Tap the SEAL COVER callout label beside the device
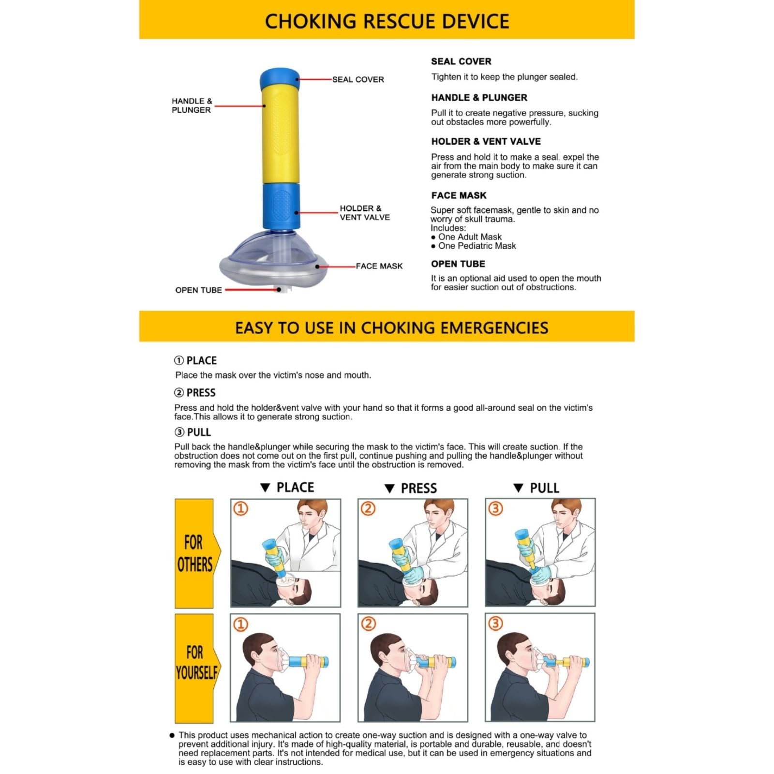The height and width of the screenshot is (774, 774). pos(358,79)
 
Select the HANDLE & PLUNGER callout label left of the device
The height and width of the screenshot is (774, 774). pos(192,105)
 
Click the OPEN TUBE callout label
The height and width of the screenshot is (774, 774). pos(198,290)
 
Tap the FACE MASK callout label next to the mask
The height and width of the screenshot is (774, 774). pos(379,266)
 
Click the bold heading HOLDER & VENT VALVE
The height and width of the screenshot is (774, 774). pos(486,142)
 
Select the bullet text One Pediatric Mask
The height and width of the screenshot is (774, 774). pos(477,246)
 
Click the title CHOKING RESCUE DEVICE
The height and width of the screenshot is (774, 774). pos(387,21)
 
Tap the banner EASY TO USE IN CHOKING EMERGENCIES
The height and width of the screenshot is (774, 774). pos(391,327)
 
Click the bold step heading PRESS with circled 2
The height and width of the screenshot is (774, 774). pos(195,392)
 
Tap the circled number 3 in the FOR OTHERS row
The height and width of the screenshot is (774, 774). pos(496,508)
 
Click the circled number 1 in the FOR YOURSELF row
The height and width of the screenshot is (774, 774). pos(240,624)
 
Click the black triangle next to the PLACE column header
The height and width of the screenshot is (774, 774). pos(265,488)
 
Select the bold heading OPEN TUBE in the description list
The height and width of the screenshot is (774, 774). pos(458,264)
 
